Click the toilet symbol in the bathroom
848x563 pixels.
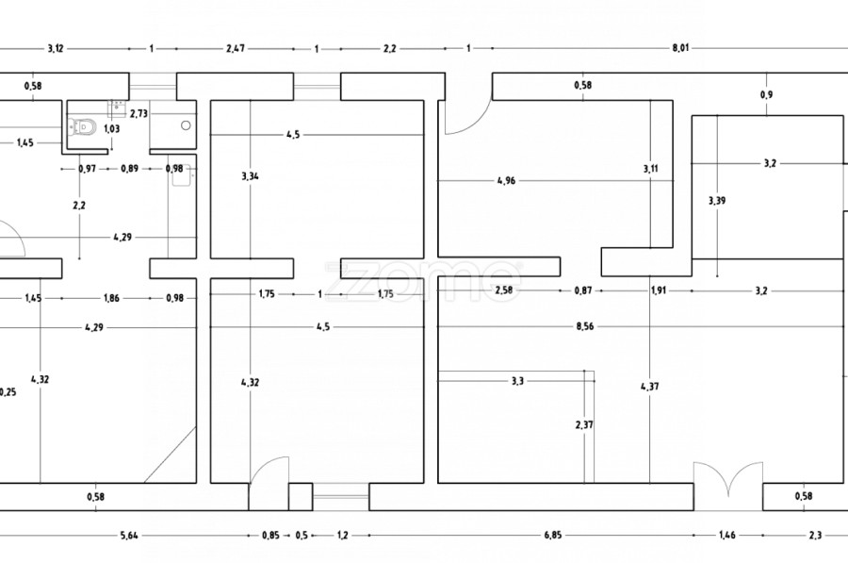86,126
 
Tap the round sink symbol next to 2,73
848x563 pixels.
186,124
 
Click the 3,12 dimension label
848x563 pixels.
56,47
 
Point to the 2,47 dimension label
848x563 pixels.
234,47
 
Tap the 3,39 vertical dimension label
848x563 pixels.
717,200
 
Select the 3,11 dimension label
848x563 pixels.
651,169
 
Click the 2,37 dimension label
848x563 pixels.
584,424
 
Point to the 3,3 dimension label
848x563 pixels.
517,381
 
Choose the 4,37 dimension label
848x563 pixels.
650,387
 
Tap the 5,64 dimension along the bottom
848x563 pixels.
128,535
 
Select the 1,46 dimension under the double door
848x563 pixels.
727,535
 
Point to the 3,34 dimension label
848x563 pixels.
250,176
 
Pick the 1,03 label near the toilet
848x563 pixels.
112,129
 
